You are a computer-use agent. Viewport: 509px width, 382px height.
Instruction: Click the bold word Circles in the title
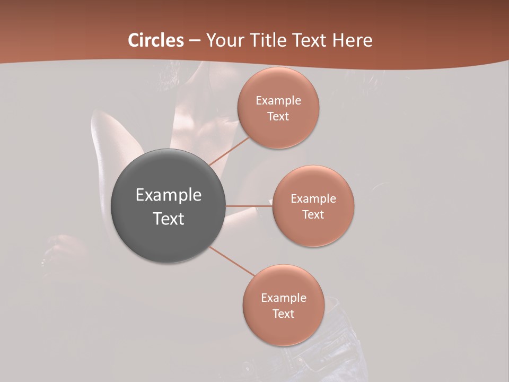(x=155, y=40)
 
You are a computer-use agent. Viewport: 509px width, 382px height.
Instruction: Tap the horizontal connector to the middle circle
(x=249, y=206)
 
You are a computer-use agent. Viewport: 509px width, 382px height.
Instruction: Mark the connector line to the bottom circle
(x=232, y=261)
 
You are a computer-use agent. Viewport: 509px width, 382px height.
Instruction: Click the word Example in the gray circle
(x=169, y=195)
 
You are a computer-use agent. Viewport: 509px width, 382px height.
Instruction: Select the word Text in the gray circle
(x=169, y=219)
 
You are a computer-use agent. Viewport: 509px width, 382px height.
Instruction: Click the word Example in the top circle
(x=278, y=101)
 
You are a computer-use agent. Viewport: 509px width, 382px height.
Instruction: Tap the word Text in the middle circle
(x=313, y=215)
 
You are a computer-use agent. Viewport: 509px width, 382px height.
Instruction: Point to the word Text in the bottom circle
(x=283, y=314)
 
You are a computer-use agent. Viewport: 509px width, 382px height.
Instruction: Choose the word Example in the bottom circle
(x=284, y=298)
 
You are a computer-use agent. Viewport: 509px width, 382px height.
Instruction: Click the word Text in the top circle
(x=278, y=117)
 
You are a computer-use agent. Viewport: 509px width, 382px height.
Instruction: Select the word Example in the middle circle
(x=313, y=199)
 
